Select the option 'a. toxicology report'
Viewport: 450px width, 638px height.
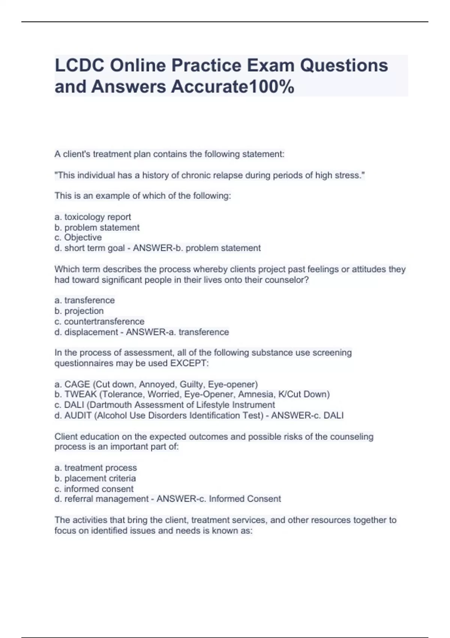pos(93,217)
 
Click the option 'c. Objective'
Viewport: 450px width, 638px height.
pos(78,238)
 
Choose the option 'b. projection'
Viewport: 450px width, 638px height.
pos(79,311)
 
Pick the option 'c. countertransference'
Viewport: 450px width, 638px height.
pos(99,322)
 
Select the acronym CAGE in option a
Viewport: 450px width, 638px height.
pos(77,384)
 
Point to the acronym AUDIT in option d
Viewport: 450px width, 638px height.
pos(78,415)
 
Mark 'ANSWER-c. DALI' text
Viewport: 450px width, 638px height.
pos(307,415)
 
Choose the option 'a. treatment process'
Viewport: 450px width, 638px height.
pos(96,468)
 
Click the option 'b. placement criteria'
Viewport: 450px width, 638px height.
pos(95,478)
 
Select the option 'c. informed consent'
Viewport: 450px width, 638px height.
pos(94,489)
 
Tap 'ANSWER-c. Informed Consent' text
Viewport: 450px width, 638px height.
pos(219,499)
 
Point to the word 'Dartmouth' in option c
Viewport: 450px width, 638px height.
pos(113,405)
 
